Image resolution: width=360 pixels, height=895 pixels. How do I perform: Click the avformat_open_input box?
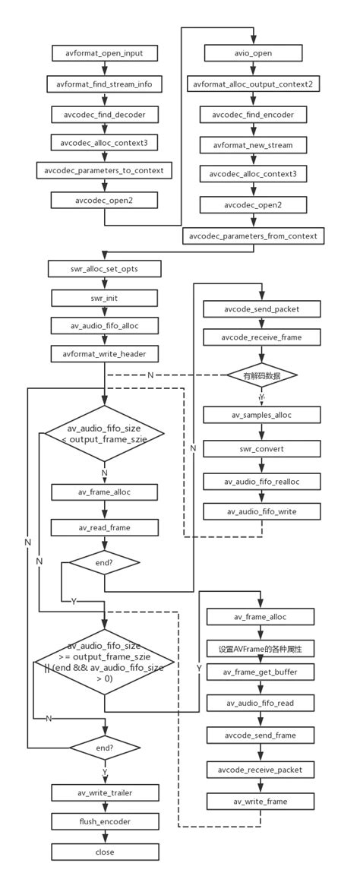point(105,53)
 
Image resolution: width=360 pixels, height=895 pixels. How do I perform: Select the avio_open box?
point(254,53)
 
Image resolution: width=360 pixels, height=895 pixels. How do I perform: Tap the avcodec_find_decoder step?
point(105,115)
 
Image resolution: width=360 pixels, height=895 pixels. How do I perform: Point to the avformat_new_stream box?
point(254,144)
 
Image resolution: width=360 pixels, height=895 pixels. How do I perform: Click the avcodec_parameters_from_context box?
point(254,236)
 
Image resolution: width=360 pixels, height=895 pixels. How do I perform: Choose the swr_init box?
point(105,298)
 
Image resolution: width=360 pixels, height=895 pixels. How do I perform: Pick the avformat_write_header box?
point(105,353)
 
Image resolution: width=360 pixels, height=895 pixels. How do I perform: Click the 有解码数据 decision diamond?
point(261,375)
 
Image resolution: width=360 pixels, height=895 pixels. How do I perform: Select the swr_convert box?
point(261,449)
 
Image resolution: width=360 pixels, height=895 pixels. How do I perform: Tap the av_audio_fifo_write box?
point(261,511)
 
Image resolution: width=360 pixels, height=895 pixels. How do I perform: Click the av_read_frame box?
point(105,527)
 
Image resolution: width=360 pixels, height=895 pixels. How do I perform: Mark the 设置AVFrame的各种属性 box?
point(261,649)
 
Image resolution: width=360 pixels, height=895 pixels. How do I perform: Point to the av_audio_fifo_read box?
point(261,704)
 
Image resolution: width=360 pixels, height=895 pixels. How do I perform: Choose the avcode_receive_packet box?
point(261,770)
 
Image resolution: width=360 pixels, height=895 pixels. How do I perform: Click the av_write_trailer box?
point(105,793)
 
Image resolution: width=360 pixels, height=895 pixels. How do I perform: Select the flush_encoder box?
point(105,822)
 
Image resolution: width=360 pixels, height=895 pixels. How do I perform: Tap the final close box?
point(105,852)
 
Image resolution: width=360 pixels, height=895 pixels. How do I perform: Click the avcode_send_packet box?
point(261,309)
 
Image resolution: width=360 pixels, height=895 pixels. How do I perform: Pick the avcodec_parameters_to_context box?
point(105,169)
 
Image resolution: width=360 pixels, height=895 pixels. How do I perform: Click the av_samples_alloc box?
point(261,415)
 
